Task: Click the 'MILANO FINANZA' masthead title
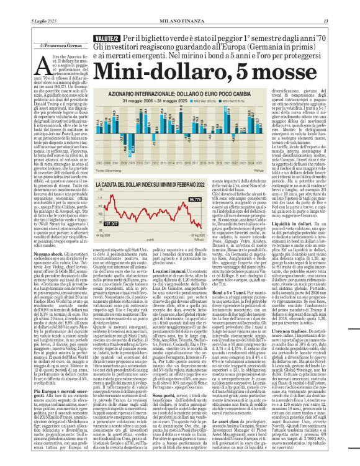(180, 5)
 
